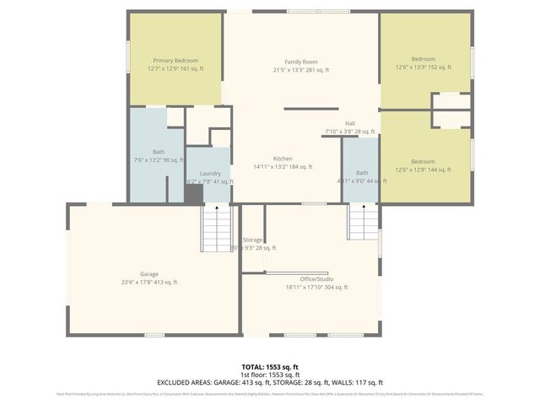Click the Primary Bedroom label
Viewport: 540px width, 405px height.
click(175, 61)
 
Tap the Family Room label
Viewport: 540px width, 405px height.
click(300, 62)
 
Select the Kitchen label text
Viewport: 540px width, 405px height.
click(283, 159)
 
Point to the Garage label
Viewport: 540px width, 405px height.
click(149, 274)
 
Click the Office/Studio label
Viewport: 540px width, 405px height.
click(316, 278)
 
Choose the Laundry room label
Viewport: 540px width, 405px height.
click(210, 173)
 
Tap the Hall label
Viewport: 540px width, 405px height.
click(349, 123)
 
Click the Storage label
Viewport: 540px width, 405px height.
click(252, 240)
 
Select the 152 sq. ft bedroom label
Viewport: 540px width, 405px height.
click(423, 59)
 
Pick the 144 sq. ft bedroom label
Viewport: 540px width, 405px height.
click(423, 161)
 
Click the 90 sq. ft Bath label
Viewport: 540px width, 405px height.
click(159, 152)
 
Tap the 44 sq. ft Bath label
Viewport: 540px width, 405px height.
click(362, 172)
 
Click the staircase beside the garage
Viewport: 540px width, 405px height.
click(217, 228)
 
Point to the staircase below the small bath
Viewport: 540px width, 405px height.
click(363, 221)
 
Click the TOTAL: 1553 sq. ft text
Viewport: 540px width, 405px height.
click(269, 367)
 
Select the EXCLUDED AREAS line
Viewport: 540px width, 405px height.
click(269, 382)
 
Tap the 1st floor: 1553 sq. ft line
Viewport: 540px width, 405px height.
click(269, 375)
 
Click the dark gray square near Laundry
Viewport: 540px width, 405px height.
click(194, 194)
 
